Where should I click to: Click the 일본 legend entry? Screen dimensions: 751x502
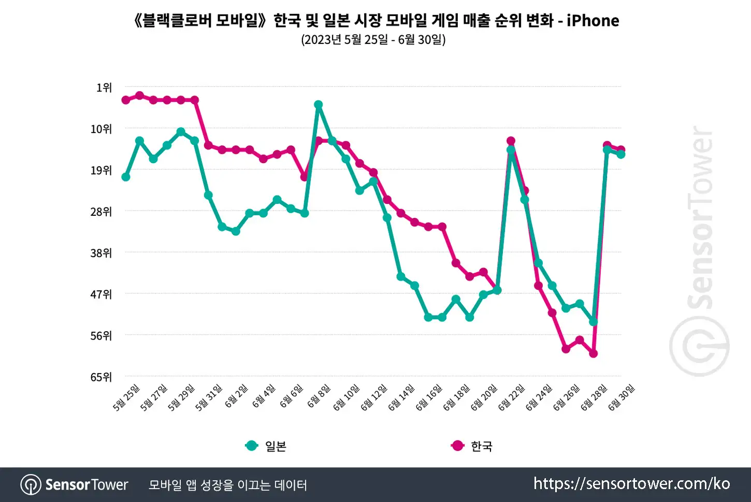click(x=266, y=446)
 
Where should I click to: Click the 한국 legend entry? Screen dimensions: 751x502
click(x=472, y=446)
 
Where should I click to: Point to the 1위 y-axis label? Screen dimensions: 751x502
click(x=104, y=88)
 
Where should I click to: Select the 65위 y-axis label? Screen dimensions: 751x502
click(x=101, y=377)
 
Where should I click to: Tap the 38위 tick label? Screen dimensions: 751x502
click(x=101, y=253)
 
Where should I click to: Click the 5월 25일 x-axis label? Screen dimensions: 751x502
click(x=126, y=398)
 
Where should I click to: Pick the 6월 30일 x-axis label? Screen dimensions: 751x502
click(x=622, y=398)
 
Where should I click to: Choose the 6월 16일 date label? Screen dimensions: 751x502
click(x=429, y=398)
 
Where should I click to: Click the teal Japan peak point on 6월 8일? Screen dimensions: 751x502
click(x=319, y=105)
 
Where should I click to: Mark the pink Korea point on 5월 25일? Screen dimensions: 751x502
click(x=126, y=100)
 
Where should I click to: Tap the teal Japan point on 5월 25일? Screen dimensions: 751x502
click(x=126, y=177)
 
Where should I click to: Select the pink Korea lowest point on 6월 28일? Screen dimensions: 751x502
click(x=594, y=353)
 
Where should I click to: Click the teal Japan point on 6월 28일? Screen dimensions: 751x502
click(x=594, y=322)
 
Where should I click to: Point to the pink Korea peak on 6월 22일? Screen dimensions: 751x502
click(x=511, y=141)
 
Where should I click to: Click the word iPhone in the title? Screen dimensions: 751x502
click(x=593, y=20)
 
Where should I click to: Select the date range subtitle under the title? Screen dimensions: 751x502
click(x=373, y=39)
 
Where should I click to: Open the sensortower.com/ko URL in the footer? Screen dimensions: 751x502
click(x=632, y=484)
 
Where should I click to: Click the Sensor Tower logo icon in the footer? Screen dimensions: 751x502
click(x=31, y=484)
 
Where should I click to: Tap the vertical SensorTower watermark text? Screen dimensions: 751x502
click(x=700, y=218)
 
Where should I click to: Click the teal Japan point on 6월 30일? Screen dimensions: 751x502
click(x=621, y=155)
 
